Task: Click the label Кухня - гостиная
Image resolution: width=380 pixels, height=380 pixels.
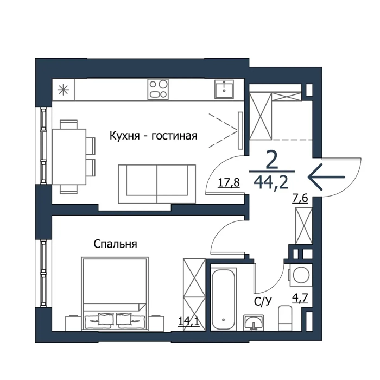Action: point(154,136)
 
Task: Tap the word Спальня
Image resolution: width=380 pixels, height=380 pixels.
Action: point(115,244)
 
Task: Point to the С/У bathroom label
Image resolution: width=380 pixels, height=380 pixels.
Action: point(263,301)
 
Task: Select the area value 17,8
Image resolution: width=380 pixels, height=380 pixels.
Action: point(229,182)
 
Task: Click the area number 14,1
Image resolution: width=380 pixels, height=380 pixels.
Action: point(188,321)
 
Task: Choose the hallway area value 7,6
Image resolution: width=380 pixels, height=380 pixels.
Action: point(300,198)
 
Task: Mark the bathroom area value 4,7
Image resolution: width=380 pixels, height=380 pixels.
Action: point(300,298)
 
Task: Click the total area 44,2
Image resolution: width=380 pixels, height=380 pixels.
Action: point(271,182)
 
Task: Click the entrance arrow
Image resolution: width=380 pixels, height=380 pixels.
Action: point(326,177)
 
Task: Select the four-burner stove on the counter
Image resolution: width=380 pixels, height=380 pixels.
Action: point(158,90)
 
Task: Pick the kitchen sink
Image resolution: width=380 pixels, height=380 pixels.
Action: point(224,89)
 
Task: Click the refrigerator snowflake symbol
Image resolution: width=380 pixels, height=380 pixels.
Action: point(64,90)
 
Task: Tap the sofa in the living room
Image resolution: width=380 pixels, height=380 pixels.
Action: point(157,184)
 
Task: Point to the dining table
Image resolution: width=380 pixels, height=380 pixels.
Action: point(69,156)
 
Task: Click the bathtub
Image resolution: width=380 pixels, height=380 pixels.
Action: point(223,299)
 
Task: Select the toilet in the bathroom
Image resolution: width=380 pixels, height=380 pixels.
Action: point(285,318)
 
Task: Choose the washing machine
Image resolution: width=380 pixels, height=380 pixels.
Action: point(300,275)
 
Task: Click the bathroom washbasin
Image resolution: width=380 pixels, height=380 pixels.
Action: point(254,322)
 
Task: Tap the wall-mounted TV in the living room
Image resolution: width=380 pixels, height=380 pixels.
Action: point(240,130)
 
